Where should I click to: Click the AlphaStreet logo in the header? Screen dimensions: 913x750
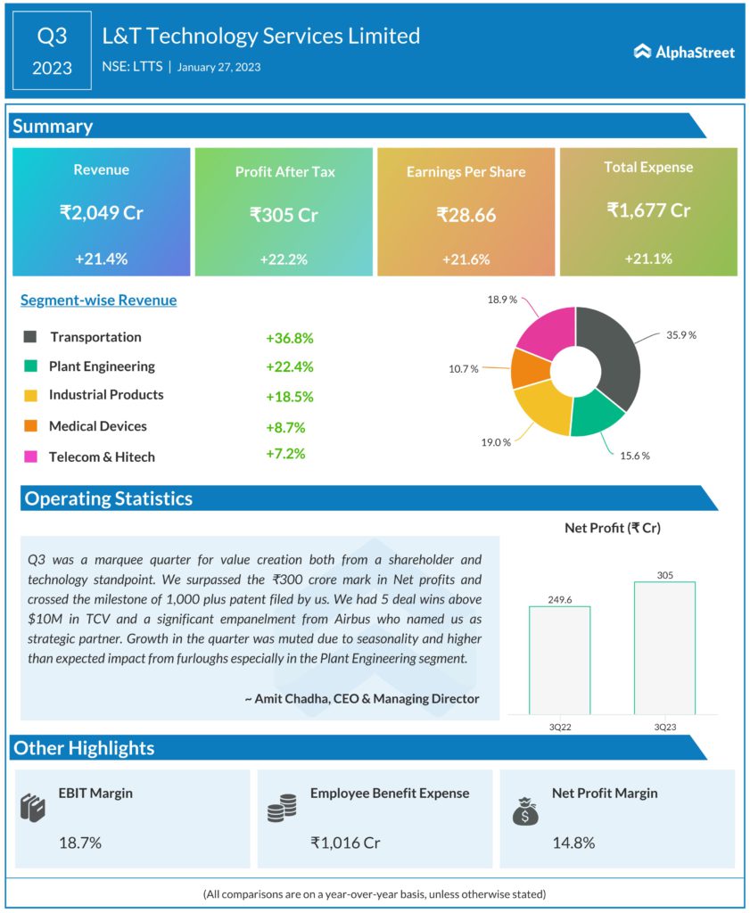[x=684, y=52]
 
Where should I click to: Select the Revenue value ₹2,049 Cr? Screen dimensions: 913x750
[x=101, y=212]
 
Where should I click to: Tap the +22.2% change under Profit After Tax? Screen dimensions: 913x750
[x=284, y=259]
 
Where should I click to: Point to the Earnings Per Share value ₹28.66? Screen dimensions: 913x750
[x=466, y=214]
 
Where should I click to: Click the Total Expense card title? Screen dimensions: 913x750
[x=647, y=167]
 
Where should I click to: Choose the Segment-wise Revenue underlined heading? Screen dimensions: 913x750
[x=98, y=300]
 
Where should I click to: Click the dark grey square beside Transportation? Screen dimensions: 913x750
[x=30, y=337]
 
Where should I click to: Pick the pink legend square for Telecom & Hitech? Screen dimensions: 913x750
[x=30, y=456]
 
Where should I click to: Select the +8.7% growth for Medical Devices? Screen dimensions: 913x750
[x=285, y=427]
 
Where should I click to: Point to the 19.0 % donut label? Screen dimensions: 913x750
[x=495, y=440]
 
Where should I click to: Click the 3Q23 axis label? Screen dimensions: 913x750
[x=664, y=727]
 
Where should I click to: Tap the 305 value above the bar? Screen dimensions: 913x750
[x=664, y=575]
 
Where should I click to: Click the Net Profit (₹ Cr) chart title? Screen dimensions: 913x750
[x=612, y=528]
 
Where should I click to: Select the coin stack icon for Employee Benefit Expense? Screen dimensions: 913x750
[x=282, y=809]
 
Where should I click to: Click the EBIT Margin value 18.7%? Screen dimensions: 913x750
[x=79, y=843]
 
